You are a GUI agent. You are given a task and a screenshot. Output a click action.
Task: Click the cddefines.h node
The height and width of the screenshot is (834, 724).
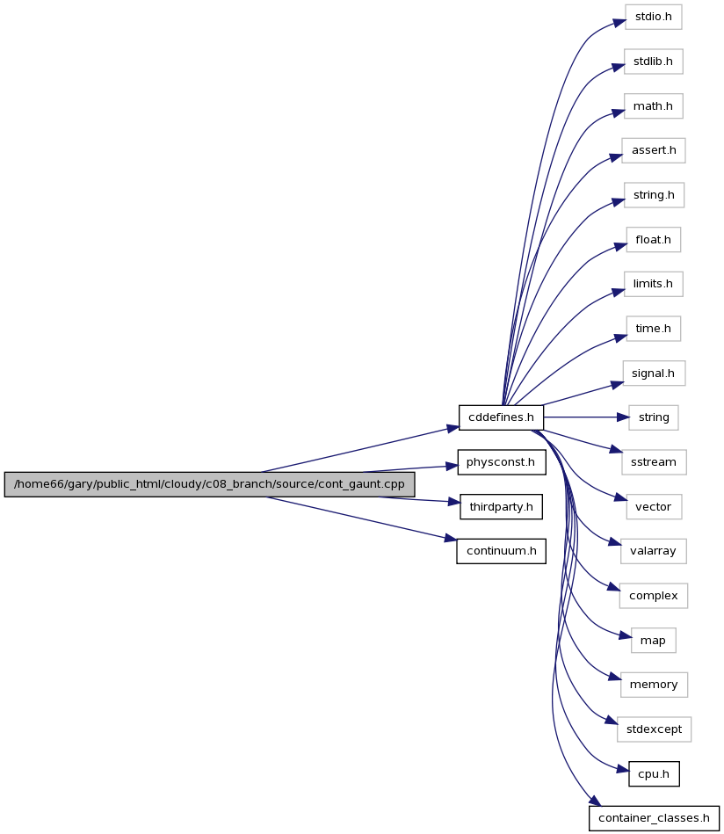click(x=501, y=417)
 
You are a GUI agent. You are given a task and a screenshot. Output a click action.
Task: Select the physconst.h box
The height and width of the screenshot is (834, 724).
click(x=501, y=462)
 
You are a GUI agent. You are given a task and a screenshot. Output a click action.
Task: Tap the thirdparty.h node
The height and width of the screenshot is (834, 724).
click(x=501, y=507)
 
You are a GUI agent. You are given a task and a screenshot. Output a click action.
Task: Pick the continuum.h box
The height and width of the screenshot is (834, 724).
click(x=501, y=551)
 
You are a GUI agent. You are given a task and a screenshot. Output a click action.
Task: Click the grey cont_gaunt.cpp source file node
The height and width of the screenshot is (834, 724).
click(x=210, y=484)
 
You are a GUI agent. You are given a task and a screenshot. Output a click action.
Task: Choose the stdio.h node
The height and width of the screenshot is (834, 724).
click(x=653, y=17)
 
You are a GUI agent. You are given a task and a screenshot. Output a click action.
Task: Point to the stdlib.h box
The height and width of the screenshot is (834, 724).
click(x=653, y=62)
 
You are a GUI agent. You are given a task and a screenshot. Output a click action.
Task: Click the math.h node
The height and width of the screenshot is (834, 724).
click(x=653, y=106)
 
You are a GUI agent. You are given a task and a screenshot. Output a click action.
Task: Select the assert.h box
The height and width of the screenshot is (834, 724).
click(x=653, y=150)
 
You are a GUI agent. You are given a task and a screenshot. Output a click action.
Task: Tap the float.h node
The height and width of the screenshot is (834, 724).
click(x=653, y=240)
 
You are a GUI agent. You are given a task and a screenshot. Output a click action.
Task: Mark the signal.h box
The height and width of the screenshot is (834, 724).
click(x=653, y=373)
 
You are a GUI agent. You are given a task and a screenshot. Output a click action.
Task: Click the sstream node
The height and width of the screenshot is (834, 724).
click(x=653, y=462)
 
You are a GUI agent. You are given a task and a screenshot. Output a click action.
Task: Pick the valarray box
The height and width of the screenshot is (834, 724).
click(x=653, y=551)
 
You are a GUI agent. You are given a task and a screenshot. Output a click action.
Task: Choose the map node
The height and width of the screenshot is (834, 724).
click(x=653, y=641)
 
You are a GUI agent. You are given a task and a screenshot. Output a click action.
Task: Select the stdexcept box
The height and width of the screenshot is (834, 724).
click(x=654, y=729)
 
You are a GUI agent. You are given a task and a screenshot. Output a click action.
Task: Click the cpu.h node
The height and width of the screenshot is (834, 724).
click(x=654, y=774)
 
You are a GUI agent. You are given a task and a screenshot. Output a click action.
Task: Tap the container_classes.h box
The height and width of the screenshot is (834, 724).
click(x=654, y=818)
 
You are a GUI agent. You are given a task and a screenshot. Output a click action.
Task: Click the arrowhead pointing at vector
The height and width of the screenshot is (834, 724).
click(x=621, y=498)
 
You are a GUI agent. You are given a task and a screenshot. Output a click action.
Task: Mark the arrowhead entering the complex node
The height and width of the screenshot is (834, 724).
click(x=613, y=588)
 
